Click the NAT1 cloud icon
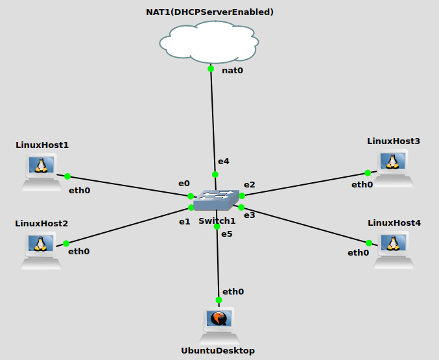[x=209, y=42]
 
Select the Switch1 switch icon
[x=216, y=200]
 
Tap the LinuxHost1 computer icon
[x=42, y=171]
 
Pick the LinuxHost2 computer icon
[x=42, y=250]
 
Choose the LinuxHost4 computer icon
[x=392, y=248]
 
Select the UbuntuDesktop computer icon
[x=219, y=325]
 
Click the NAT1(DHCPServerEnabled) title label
[x=209, y=12]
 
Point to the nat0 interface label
[x=232, y=71]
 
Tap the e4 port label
[x=223, y=161]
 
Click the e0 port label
[x=184, y=184]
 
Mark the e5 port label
[x=226, y=234]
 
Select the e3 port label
[x=250, y=215]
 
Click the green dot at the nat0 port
[x=211, y=69]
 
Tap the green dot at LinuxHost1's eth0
[x=67, y=176]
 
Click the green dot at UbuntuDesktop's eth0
[x=219, y=300]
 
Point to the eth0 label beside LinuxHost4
[x=358, y=253]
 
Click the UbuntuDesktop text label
[x=218, y=351]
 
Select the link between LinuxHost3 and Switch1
[x=305, y=184]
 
